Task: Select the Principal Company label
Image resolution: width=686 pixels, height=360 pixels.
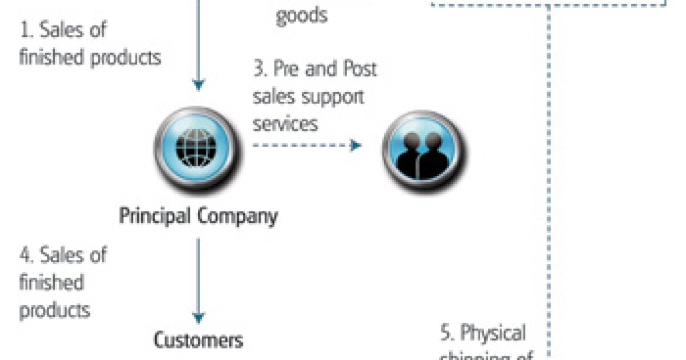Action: pos(198,217)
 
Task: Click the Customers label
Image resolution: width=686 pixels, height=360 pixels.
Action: pos(198,341)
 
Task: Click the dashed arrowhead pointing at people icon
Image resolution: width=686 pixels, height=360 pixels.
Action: pos(356,145)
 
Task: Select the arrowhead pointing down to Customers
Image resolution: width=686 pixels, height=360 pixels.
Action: pos(198,318)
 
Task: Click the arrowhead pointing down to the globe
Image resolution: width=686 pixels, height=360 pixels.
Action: pos(198,85)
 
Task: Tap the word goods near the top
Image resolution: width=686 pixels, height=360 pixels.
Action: pos(301,16)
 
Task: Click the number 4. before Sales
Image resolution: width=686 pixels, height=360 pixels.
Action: pos(26,255)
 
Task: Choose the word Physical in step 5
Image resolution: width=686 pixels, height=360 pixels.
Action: pos(493,333)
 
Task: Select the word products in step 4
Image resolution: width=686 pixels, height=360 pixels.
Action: pos(55,310)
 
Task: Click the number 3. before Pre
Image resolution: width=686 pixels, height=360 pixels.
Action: pos(261,70)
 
